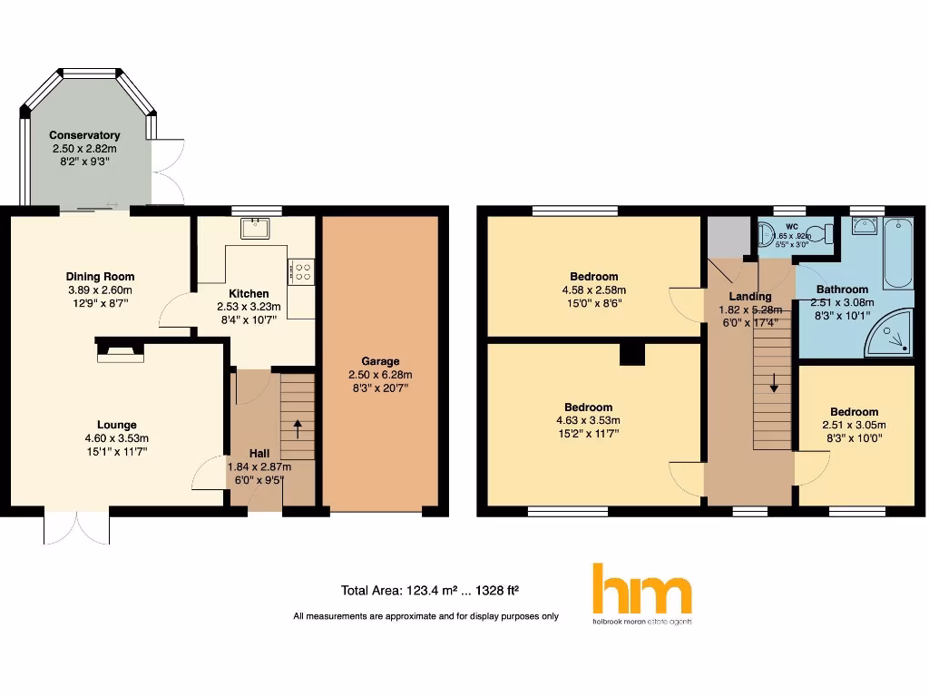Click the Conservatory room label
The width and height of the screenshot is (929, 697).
[x=84, y=135]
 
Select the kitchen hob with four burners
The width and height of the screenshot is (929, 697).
[x=301, y=271]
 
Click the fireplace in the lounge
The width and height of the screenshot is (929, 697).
[x=119, y=349]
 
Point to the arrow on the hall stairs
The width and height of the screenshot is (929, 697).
[x=298, y=427]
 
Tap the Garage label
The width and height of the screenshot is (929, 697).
[x=380, y=361]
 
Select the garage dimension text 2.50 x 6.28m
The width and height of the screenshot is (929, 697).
[x=380, y=375]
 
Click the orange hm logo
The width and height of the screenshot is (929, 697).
[x=642, y=590]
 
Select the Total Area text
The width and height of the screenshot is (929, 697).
[x=429, y=591]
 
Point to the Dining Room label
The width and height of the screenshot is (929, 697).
[x=100, y=277]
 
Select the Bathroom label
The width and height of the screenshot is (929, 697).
[x=842, y=290]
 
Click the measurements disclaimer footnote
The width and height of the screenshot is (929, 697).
[x=425, y=617]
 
